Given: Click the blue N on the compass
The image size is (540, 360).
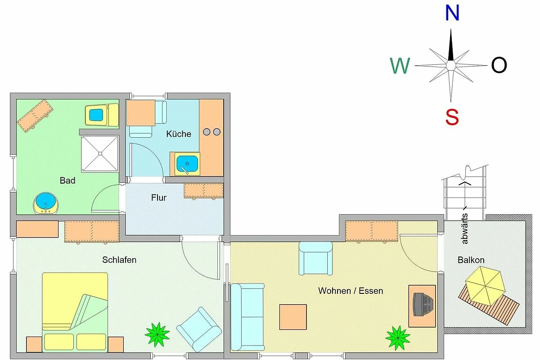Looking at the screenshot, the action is [452, 13].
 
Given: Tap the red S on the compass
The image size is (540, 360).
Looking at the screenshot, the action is [452, 117].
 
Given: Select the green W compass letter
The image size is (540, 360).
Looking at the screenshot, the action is [400, 66].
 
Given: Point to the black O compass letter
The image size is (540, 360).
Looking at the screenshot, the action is [499, 65].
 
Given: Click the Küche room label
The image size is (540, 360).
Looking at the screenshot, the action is [179, 134].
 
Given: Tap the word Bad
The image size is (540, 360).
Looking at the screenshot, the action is [67, 180].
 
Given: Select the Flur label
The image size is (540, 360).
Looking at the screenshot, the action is [158, 198].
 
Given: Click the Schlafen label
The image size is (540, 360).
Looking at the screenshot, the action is [119, 260].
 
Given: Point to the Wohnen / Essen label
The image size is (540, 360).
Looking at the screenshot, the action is [351, 291].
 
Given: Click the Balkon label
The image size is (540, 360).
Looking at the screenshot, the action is [471, 260].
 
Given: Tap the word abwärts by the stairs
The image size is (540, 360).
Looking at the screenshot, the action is [464, 229].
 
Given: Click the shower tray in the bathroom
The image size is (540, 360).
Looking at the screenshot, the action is [100, 153].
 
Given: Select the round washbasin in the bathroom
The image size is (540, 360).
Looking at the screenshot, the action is [46, 203].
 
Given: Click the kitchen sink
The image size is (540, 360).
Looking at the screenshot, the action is [187, 163].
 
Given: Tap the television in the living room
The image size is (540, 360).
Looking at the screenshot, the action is [423, 305].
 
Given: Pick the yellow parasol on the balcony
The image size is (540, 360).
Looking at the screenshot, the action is [485, 286].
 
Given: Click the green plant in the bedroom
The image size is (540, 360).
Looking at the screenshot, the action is [157, 334].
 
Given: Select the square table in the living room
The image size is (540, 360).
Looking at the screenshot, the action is [293, 317].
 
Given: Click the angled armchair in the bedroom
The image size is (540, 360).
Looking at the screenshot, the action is [199, 329].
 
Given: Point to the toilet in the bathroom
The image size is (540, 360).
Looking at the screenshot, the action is [102, 115].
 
